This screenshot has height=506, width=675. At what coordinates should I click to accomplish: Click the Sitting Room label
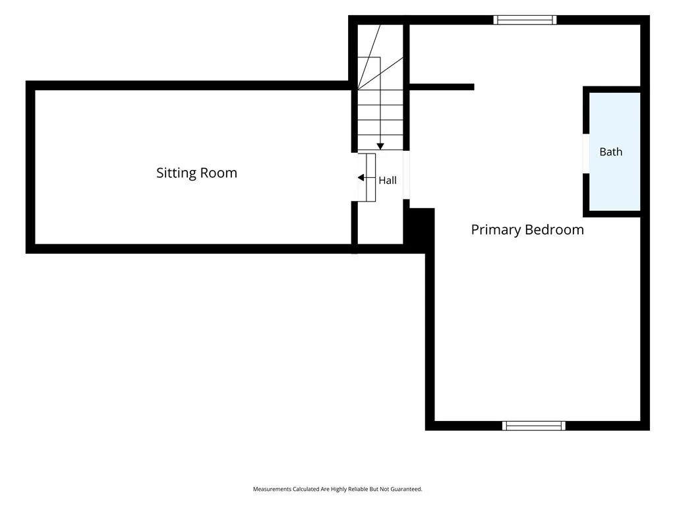(196, 173)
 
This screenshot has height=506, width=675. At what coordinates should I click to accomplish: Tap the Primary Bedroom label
(527, 230)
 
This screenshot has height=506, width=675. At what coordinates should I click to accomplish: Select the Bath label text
(611, 152)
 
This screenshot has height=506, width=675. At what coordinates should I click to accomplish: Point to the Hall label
(388, 181)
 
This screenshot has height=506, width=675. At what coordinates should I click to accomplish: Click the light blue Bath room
(615, 152)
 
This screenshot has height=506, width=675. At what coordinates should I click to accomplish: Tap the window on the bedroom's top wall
(525, 20)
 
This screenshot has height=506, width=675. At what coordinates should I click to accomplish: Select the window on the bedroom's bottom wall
(534, 426)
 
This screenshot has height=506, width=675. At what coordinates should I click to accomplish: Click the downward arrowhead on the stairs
(380, 147)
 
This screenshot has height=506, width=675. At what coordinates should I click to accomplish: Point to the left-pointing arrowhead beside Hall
(361, 178)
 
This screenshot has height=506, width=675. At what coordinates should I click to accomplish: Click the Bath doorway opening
(586, 154)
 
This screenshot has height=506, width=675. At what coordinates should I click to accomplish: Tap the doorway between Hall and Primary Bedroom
(406, 175)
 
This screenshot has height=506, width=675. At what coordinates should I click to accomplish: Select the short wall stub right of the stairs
(442, 87)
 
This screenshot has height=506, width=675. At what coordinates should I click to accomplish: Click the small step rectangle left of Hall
(370, 177)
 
